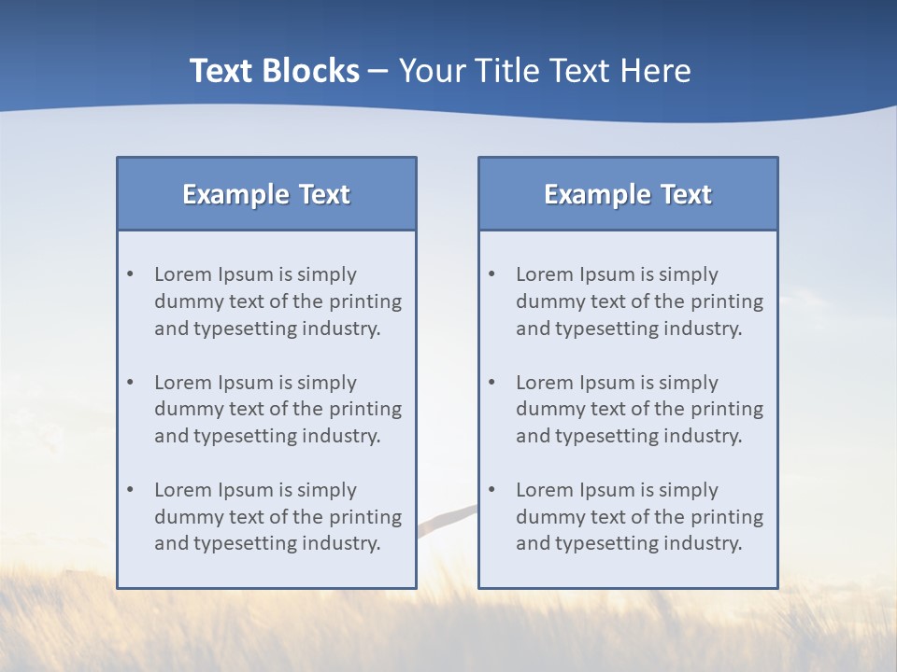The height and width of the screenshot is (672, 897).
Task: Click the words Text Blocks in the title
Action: pos(275,71)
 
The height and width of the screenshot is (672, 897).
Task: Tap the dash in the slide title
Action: pos(378,72)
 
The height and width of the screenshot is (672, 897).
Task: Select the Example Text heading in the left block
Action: pos(266,194)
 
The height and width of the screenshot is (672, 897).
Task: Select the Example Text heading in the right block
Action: pos(628,194)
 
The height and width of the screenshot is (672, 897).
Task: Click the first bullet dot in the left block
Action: pos(130,274)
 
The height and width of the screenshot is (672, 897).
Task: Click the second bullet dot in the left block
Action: pos(130,383)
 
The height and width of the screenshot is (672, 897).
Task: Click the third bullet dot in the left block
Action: pos(130,490)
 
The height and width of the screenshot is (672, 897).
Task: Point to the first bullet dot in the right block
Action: pos(491,274)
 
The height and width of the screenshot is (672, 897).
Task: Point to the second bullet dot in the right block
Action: pos(491,383)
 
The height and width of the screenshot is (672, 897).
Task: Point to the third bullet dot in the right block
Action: pos(491,490)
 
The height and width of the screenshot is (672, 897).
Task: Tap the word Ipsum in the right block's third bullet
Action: pos(607,490)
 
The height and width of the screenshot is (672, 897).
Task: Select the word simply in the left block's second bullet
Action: pos(327,383)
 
